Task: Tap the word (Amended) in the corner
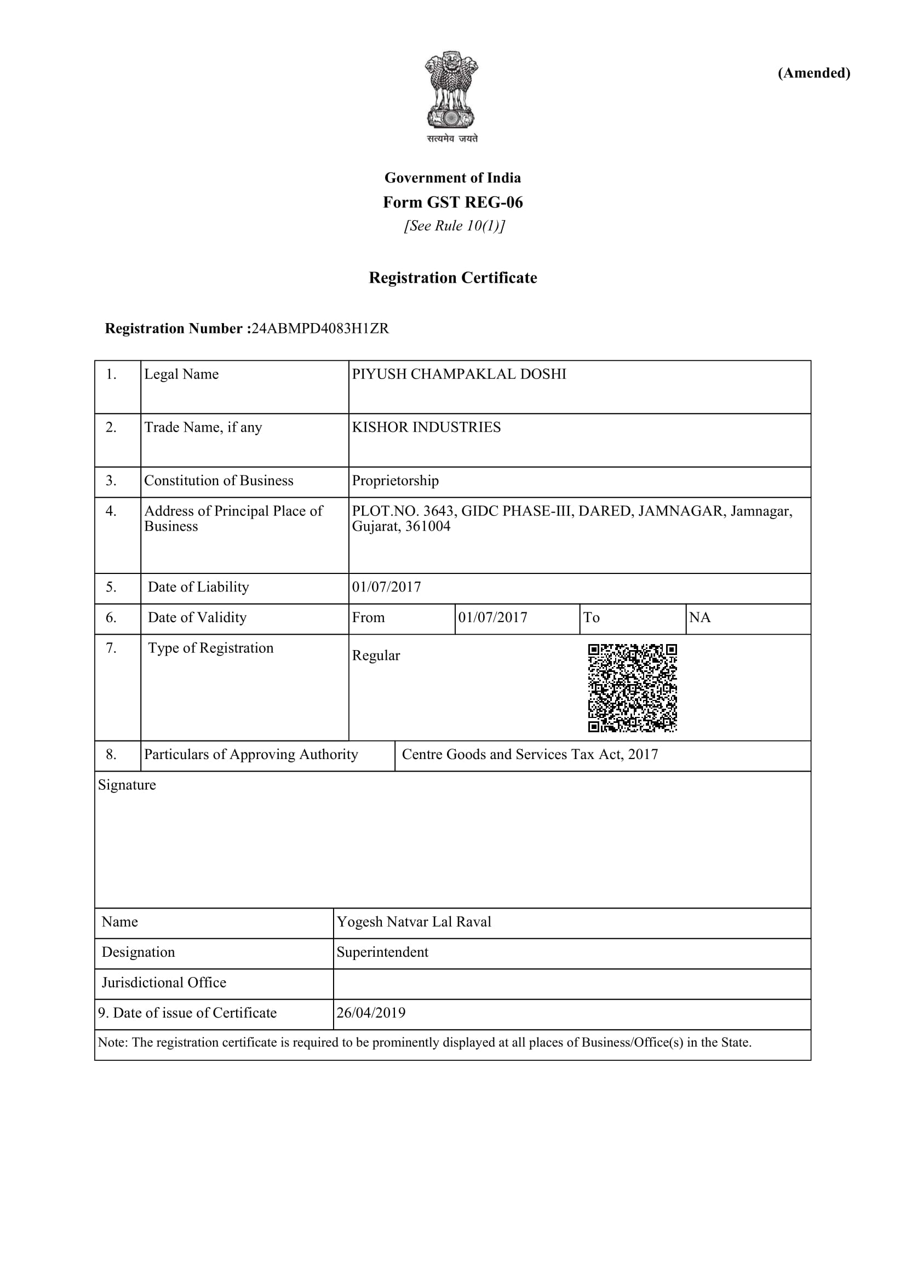[814, 73]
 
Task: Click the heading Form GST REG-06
[452, 202]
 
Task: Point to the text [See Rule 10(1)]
[454, 226]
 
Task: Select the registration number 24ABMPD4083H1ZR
[320, 328]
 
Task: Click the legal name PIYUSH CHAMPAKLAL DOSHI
[458, 374]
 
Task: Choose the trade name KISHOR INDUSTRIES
[426, 427]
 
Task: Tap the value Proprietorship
[395, 480]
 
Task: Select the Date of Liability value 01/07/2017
[386, 587]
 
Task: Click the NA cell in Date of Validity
[699, 617]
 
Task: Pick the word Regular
[375, 655]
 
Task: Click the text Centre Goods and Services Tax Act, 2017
[530, 754]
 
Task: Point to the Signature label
[127, 784]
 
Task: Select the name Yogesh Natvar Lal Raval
[414, 922]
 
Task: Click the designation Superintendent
[382, 952]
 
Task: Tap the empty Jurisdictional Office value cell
[571, 983]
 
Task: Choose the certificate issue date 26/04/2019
[370, 1013]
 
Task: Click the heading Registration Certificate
[452, 277]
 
